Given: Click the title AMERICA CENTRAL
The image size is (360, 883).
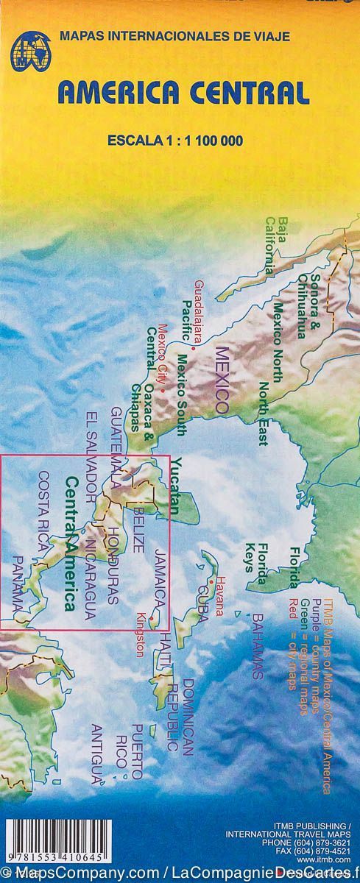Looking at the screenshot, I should click(183, 93).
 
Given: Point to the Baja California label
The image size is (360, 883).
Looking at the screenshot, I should click(275, 245).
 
